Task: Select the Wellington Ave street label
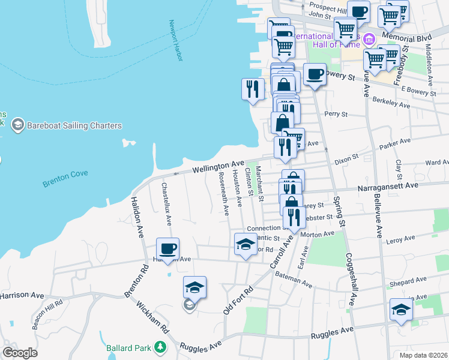click(218, 167)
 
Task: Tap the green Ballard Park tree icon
click(160, 347)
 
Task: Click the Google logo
click(20, 353)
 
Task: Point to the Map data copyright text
click(423, 355)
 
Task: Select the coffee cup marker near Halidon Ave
click(167, 248)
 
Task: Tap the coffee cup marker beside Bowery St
click(315, 75)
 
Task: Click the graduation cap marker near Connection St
click(244, 244)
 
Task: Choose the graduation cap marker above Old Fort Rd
click(194, 287)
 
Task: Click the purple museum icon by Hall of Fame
click(369, 40)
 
